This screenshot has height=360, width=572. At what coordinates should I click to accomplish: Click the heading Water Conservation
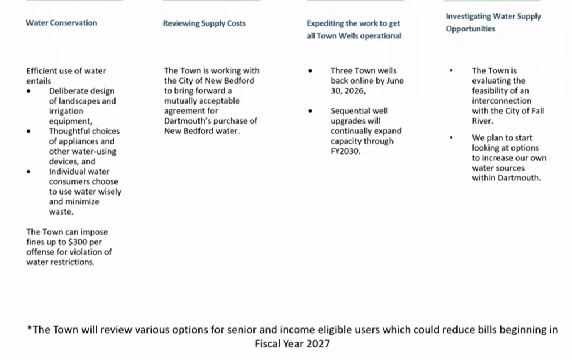61,23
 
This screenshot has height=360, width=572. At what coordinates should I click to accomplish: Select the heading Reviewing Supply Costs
204,23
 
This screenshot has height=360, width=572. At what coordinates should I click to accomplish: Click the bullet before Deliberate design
29,91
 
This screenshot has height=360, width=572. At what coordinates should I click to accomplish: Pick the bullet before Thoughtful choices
29,131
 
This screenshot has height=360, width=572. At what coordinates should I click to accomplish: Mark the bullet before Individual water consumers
29,172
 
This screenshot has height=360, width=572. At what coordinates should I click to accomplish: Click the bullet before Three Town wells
310,71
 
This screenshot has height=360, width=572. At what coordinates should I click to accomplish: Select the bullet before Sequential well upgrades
310,111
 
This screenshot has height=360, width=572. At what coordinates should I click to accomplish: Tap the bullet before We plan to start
451,138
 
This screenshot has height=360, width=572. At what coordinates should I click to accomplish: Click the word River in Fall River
483,121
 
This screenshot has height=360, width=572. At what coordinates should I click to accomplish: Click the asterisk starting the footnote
29,330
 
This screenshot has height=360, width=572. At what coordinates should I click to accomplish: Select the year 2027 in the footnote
317,344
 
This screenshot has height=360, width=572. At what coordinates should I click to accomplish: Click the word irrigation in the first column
66,111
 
